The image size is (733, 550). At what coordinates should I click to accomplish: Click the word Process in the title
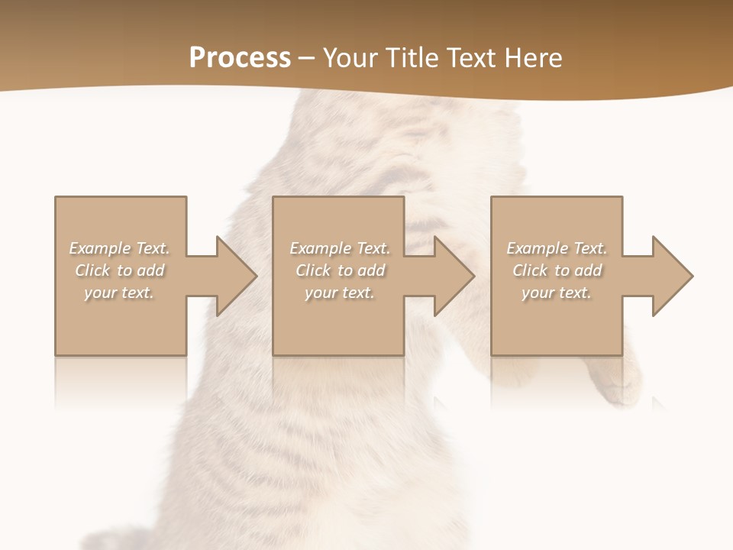coord(240,58)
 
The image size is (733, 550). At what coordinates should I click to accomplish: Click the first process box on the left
coord(121,328)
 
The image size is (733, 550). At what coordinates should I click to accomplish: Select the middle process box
coord(338,328)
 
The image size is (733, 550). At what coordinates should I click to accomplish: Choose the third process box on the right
coord(557,328)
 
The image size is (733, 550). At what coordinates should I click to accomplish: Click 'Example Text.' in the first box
coord(120,248)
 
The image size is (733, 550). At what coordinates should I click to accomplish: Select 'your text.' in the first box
coord(120,293)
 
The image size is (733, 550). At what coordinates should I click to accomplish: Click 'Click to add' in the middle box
coord(340,270)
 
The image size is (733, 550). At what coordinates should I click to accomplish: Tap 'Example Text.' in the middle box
coord(340,248)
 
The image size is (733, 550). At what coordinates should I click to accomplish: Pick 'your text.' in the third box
coord(557,293)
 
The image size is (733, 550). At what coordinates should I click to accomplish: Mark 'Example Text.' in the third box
coord(557,248)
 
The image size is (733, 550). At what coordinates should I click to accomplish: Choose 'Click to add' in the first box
coord(120,270)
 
